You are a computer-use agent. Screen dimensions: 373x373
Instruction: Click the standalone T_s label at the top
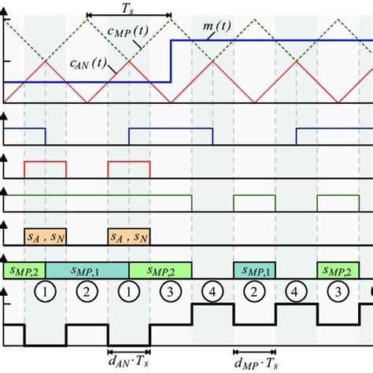127,6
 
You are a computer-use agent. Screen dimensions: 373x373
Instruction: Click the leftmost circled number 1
46,290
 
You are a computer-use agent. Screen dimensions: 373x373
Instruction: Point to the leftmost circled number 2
87,290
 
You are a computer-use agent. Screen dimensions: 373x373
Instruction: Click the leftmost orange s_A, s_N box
45,236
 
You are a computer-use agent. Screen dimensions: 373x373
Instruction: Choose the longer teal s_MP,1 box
87,270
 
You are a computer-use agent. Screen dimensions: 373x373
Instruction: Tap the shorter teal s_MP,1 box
254,270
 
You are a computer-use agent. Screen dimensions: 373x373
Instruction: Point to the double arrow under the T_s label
127,15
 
